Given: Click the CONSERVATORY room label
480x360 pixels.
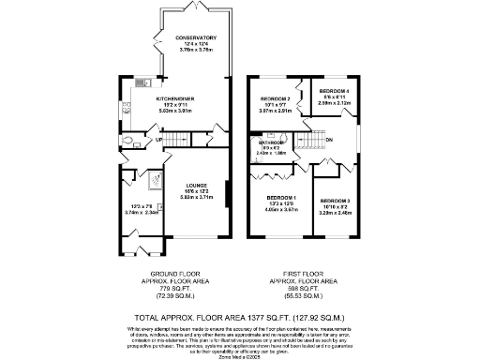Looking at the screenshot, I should tap(196, 37).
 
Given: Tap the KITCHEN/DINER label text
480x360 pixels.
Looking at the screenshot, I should tap(175, 97).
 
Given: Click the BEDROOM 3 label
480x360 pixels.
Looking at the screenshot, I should tap(335, 202).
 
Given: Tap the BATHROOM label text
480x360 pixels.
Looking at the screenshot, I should tap(271, 142).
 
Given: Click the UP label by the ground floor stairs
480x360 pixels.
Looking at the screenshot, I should tap(159, 140).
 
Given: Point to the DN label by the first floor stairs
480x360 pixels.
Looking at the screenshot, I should tap(329, 141).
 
